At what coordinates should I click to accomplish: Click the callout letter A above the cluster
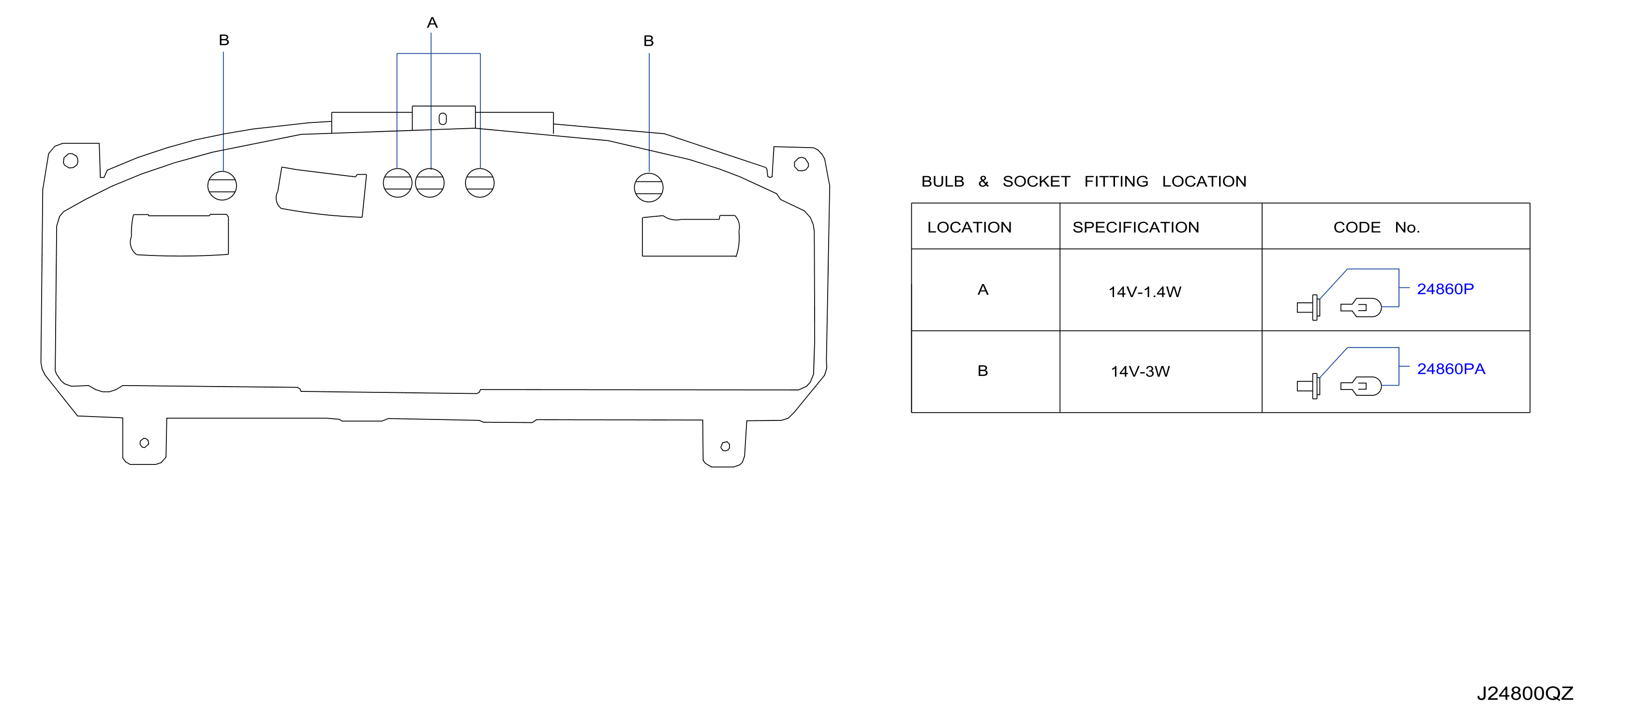point(432,23)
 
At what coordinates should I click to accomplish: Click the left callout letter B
point(223,40)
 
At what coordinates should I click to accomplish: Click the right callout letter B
point(648,41)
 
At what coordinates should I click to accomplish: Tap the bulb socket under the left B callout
point(223,185)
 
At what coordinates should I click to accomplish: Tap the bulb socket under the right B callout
point(648,187)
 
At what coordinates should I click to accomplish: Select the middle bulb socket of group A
point(430,183)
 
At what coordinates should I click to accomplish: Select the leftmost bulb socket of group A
point(398,183)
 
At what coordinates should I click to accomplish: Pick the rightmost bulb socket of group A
point(479,183)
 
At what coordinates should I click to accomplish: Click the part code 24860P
point(1445,289)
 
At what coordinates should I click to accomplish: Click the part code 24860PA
point(1451,369)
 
